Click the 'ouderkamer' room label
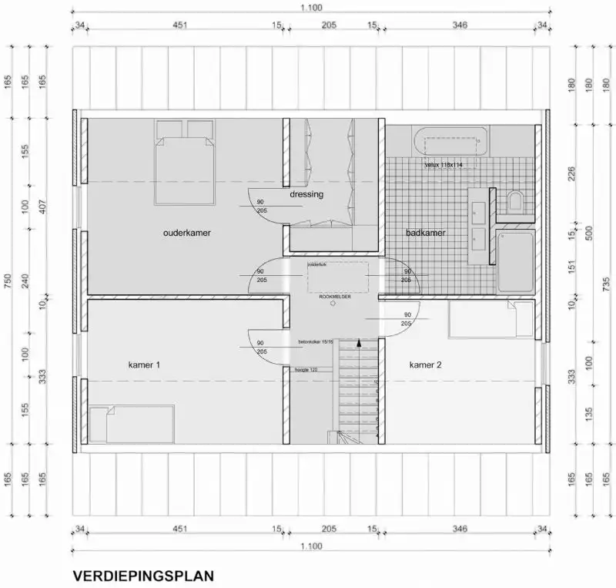[186, 233]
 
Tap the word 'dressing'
[306, 194]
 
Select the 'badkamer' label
[426, 232]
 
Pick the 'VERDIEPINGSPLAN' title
[142, 575]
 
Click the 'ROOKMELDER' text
[335, 295]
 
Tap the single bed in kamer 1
[131, 424]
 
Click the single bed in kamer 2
[491, 320]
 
